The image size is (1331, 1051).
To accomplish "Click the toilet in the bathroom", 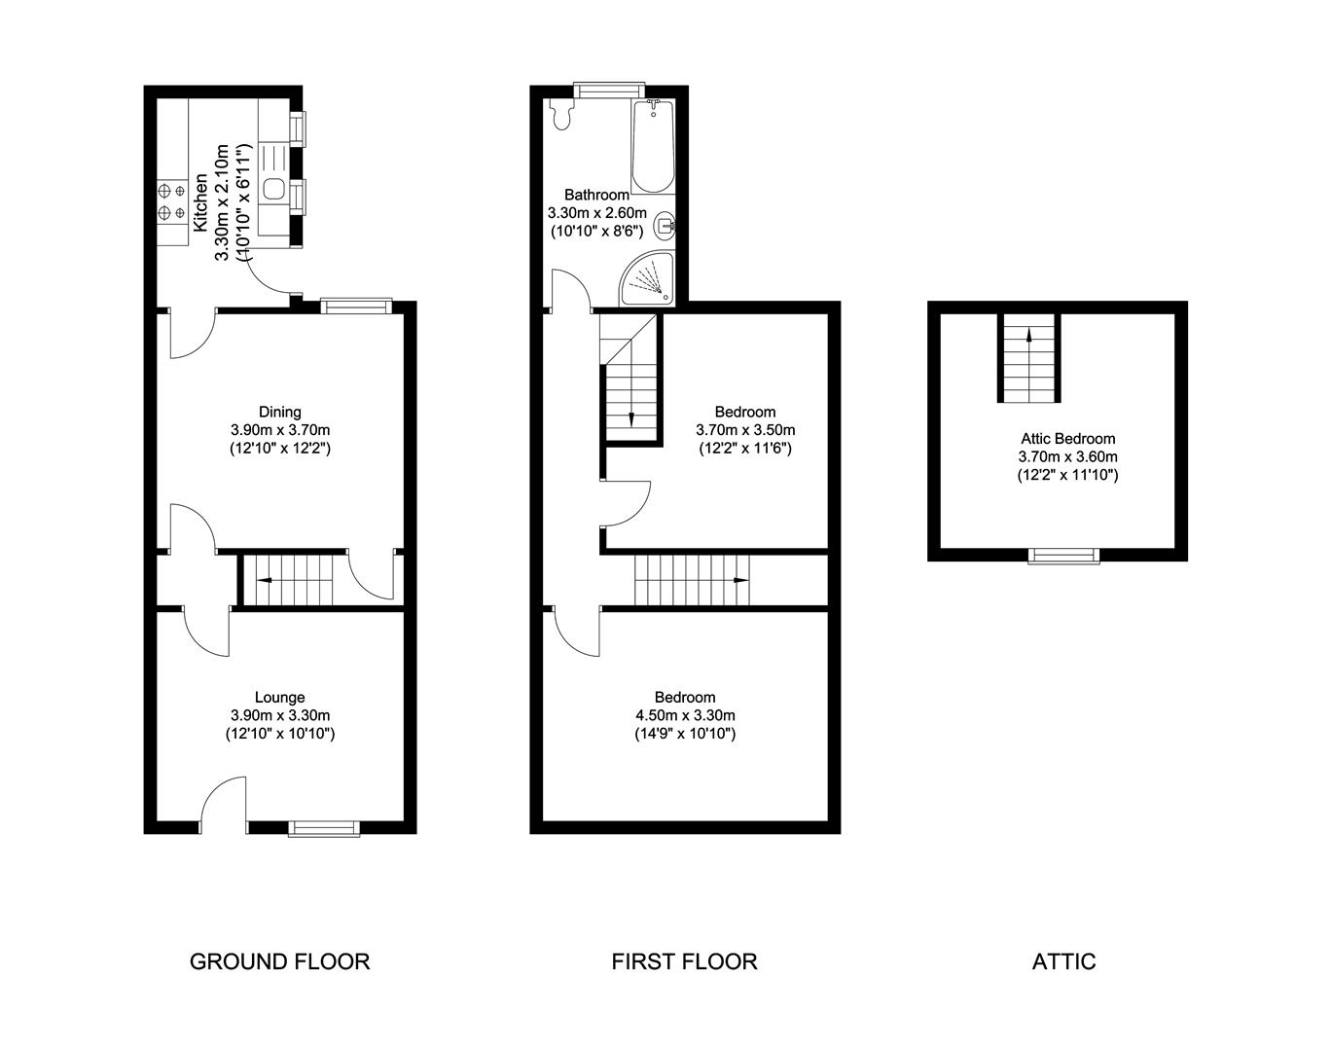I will pos(559,114).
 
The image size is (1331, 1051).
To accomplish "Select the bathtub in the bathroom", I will pos(652,146).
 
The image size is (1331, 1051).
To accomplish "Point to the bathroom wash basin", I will pos(665,227).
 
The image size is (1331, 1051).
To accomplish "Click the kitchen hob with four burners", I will pos(170,200).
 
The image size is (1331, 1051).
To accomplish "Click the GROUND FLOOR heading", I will pos(279,961).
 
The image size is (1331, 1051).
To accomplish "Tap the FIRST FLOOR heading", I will pos(684,961).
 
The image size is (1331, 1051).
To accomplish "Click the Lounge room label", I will pos(279,697).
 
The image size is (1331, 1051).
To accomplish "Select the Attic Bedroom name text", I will pos(1067,439).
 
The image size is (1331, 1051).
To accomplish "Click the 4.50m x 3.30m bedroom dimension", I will pos(684,715).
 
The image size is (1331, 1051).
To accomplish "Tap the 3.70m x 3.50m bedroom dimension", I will pos(744,430).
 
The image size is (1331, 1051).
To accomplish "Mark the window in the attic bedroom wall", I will pos(1064,556).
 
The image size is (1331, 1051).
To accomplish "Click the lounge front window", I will pos(324,828).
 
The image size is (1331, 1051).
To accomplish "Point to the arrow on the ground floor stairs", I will pos(263,581).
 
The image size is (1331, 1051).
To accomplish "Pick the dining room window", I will pos(356,307).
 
